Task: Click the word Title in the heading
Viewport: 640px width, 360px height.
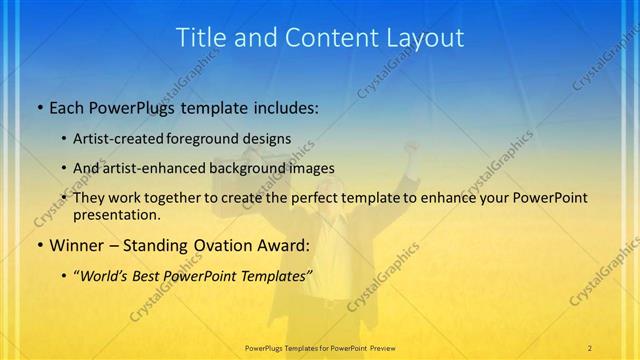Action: click(200, 38)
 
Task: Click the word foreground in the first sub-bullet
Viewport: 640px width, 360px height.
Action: click(212, 138)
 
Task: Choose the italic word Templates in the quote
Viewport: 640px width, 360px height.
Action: click(279, 274)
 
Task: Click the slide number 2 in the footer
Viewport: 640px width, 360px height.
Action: click(590, 347)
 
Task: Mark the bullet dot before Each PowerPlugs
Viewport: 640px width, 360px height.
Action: click(39, 107)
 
